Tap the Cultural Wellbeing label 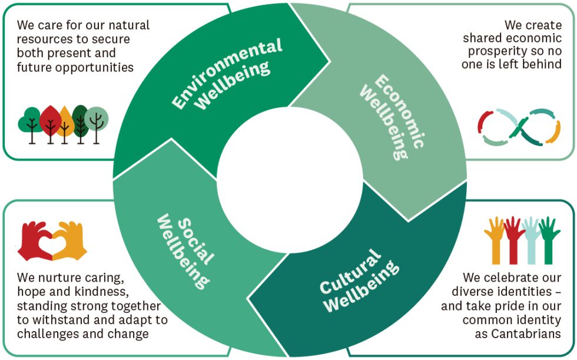point(359,280)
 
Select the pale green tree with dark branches point(95,121)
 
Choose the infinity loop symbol point(518,127)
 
